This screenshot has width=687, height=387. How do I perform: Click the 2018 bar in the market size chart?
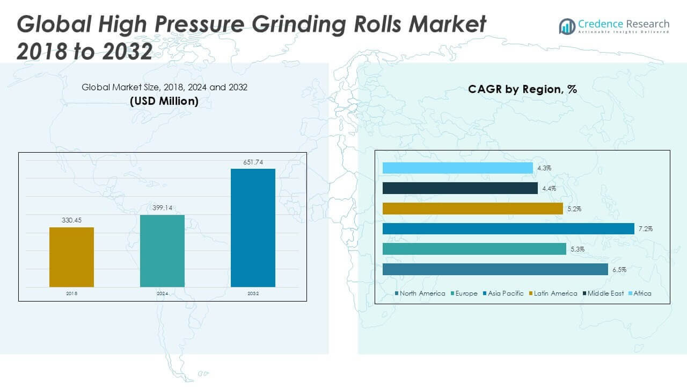(x=71, y=257)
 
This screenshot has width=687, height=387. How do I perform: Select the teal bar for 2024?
(x=162, y=251)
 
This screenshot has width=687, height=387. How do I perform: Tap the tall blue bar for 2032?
(x=253, y=228)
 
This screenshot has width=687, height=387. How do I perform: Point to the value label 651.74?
(x=253, y=162)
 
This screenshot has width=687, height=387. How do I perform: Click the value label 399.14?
(x=162, y=208)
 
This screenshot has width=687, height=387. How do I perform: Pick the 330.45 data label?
(x=71, y=220)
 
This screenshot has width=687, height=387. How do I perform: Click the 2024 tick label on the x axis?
(x=162, y=294)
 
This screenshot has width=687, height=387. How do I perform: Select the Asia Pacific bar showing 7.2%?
(x=508, y=229)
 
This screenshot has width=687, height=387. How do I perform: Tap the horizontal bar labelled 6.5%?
(x=495, y=269)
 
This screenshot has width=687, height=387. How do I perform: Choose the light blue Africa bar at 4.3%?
(x=457, y=168)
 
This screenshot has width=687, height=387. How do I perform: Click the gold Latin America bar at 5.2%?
(x=472, y=209)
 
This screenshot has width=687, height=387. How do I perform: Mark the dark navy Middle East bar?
(x=460, y=188)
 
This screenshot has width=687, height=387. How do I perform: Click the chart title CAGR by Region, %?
(x=522, y=89)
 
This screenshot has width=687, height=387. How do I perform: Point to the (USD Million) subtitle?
(x=164, y=101)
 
